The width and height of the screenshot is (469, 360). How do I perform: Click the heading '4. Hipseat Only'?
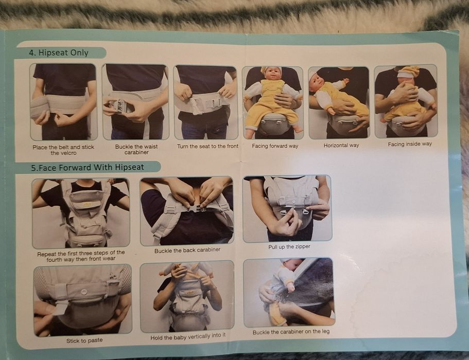point(59,52)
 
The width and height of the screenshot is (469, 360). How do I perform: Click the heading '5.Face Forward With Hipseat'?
point(86,167)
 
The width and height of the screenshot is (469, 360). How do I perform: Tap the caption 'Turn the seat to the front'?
point(207,147)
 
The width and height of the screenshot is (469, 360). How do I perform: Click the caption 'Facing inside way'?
point(410,144)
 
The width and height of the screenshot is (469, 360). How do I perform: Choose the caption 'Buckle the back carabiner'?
point(187,250)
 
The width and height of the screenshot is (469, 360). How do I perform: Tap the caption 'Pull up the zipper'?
point(289,247)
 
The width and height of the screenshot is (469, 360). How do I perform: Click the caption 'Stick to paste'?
point(84,340)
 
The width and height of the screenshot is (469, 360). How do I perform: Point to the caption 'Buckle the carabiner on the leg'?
point(291,332)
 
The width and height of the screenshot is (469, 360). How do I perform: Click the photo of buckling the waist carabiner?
point(135,102)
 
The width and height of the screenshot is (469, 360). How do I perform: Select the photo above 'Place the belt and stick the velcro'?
point(63,102)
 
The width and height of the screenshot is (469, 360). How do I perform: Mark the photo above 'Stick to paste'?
point(82,298)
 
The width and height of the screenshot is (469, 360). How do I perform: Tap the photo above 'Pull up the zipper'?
point(287,208)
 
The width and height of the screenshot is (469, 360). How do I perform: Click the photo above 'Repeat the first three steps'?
point(81,212)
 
